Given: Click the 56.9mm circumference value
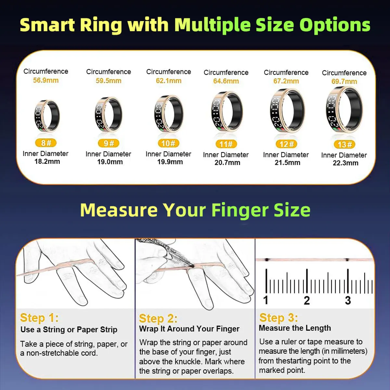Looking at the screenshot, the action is tap(46, 80).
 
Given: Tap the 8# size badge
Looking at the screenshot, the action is tap(46, 143).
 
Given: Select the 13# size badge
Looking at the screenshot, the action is tap(344, 144).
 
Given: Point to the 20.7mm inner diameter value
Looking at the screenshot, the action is tap(227, 162).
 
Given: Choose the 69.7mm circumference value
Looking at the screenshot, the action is tap(344, 81).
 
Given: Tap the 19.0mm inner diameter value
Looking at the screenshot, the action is tap(110, 162).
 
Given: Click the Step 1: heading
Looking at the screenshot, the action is tap(39, 318).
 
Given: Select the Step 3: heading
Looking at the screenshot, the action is tap(279, 317).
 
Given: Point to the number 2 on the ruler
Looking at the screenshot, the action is tap(306, 300).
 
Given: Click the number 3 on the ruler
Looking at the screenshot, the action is tap(348, 300).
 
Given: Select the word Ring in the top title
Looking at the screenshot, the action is tap(101, 25).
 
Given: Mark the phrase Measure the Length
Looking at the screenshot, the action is tap(295, 328).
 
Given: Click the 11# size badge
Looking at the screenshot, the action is tap(226, 144).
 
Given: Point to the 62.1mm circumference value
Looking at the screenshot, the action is tap(169, 81).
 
